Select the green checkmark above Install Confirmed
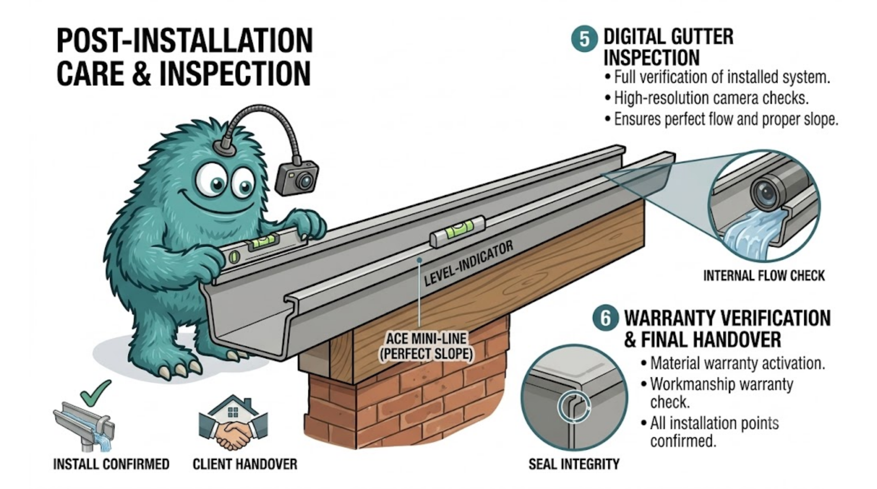click(x=95, y=393)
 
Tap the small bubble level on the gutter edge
click(x=457, y=231)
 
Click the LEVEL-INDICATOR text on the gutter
click(x=468, y=263)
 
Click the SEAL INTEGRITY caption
click(x=574, y=464)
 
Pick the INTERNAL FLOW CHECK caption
click(x=764, y=275)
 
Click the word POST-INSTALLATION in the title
click(x=185, y=41)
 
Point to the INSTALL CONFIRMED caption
click(x=111, y=464)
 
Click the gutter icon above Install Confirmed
click(x=84, y=426)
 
